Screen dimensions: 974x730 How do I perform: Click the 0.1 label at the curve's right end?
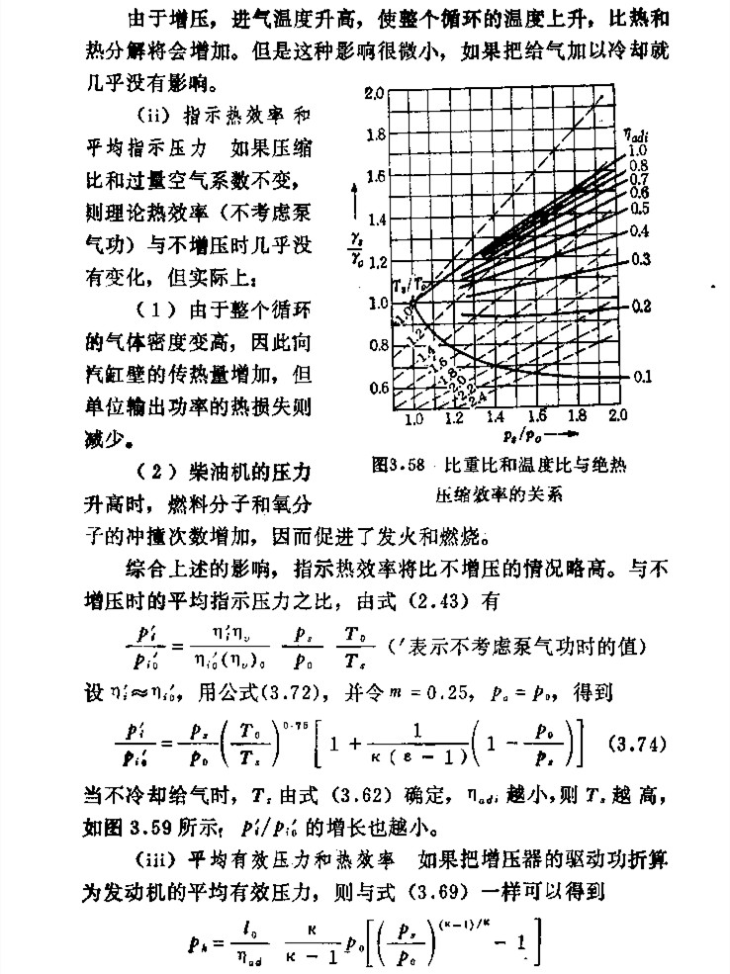(x=641, y=377)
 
